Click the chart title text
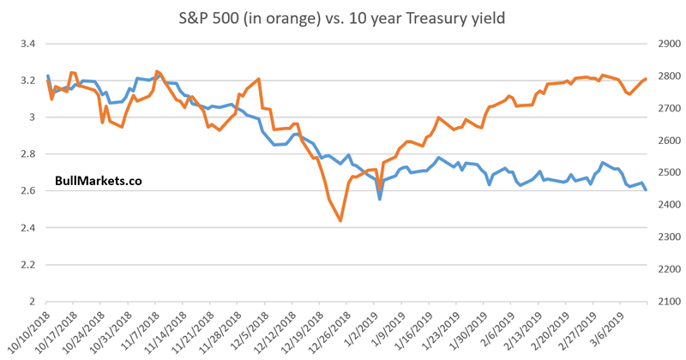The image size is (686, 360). tap(343, 18)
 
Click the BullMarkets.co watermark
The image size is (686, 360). tap(98, 180)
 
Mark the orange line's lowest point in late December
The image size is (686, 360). tap(340, 221)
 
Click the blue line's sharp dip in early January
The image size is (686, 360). tap(379, 199)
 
